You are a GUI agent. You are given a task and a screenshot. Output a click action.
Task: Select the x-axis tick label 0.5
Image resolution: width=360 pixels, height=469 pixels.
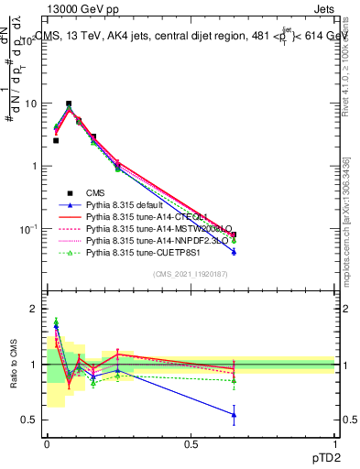(191, 443)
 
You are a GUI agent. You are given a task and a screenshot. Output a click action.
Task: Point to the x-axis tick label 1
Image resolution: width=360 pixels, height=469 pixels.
(335, 443)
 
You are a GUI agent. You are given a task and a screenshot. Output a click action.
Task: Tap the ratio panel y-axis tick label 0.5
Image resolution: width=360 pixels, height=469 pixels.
(29, 420)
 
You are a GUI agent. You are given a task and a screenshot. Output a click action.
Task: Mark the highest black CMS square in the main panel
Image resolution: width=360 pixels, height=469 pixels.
(69, 104)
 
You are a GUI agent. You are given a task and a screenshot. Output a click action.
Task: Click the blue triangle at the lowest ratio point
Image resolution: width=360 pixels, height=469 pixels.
(235, 415)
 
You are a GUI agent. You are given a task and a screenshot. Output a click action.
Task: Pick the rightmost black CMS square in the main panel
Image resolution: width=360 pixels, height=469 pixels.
(235, 235)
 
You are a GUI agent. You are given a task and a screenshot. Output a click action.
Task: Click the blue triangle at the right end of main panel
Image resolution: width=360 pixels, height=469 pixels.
(235, 251)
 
